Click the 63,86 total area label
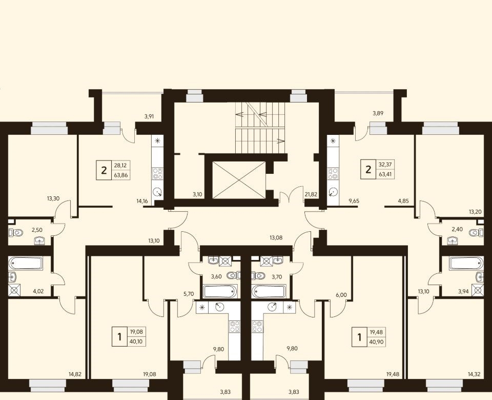click(121, 175)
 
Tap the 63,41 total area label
click(385, 174)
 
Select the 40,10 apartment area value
click(135, 342)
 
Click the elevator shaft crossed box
click(239, 180)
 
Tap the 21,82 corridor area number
click(311, 194)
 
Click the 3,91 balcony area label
click(150, 116)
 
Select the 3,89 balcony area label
click(378, 113)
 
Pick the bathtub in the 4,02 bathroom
click(26, 263)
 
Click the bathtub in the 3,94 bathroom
click(466, 263)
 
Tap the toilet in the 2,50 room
click(17, 233)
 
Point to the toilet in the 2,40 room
click(477, 233)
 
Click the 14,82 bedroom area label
click(75, 374)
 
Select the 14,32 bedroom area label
click(474, 374)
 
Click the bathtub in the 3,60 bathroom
click(219, 291)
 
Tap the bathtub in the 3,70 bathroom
click(269, 291)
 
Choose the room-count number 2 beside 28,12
click(104, 170)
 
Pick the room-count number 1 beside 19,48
click(360, 337)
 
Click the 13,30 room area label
click(53, 198)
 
